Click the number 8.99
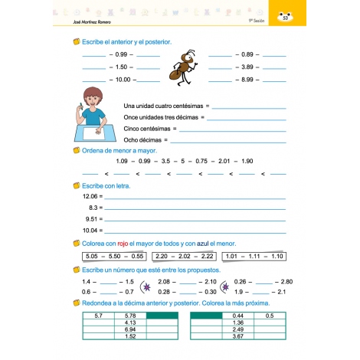247,80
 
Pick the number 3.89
247,67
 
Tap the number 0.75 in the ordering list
202,162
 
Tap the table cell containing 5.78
129,316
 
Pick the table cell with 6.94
129,329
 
